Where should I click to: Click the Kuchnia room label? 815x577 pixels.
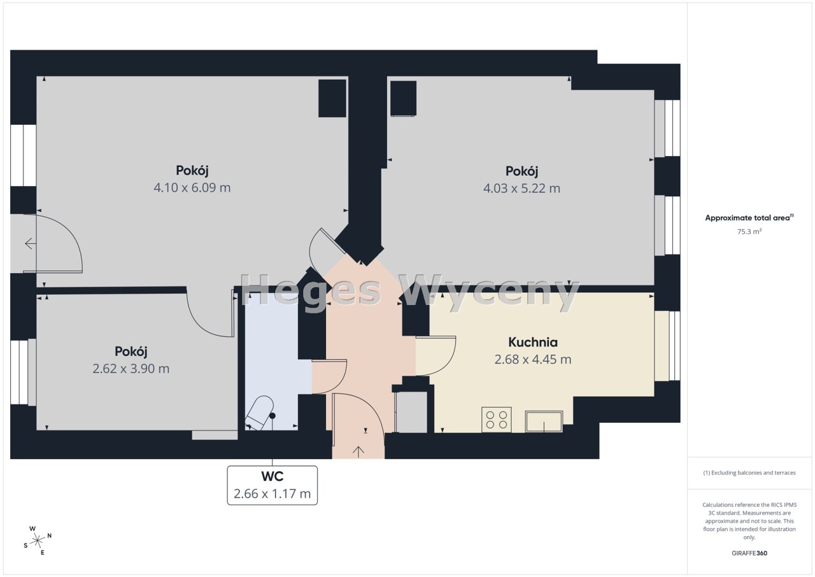pos(533,343)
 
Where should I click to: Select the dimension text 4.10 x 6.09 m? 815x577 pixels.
pos(192,188)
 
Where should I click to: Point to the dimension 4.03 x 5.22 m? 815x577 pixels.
pos(521,189)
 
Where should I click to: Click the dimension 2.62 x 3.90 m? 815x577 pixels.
pos(131,369)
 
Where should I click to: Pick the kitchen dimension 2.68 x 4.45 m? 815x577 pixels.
pos(533,359)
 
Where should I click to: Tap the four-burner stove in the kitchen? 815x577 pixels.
pos(497,420)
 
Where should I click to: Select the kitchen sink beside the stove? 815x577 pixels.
pos(544,422)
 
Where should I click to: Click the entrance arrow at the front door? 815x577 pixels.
pos(358,452)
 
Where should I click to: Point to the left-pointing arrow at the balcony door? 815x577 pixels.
pos(30,243)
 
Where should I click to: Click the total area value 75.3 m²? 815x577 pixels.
pos(749,231)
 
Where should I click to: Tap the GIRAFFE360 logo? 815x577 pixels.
pos(749,553)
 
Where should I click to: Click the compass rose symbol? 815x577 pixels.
pos(38,541)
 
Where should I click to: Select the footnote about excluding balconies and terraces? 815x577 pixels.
pos(749,473)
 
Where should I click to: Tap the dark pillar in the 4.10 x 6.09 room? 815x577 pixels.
pos(332,98)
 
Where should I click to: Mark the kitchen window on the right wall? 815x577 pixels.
pos(667,346)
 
